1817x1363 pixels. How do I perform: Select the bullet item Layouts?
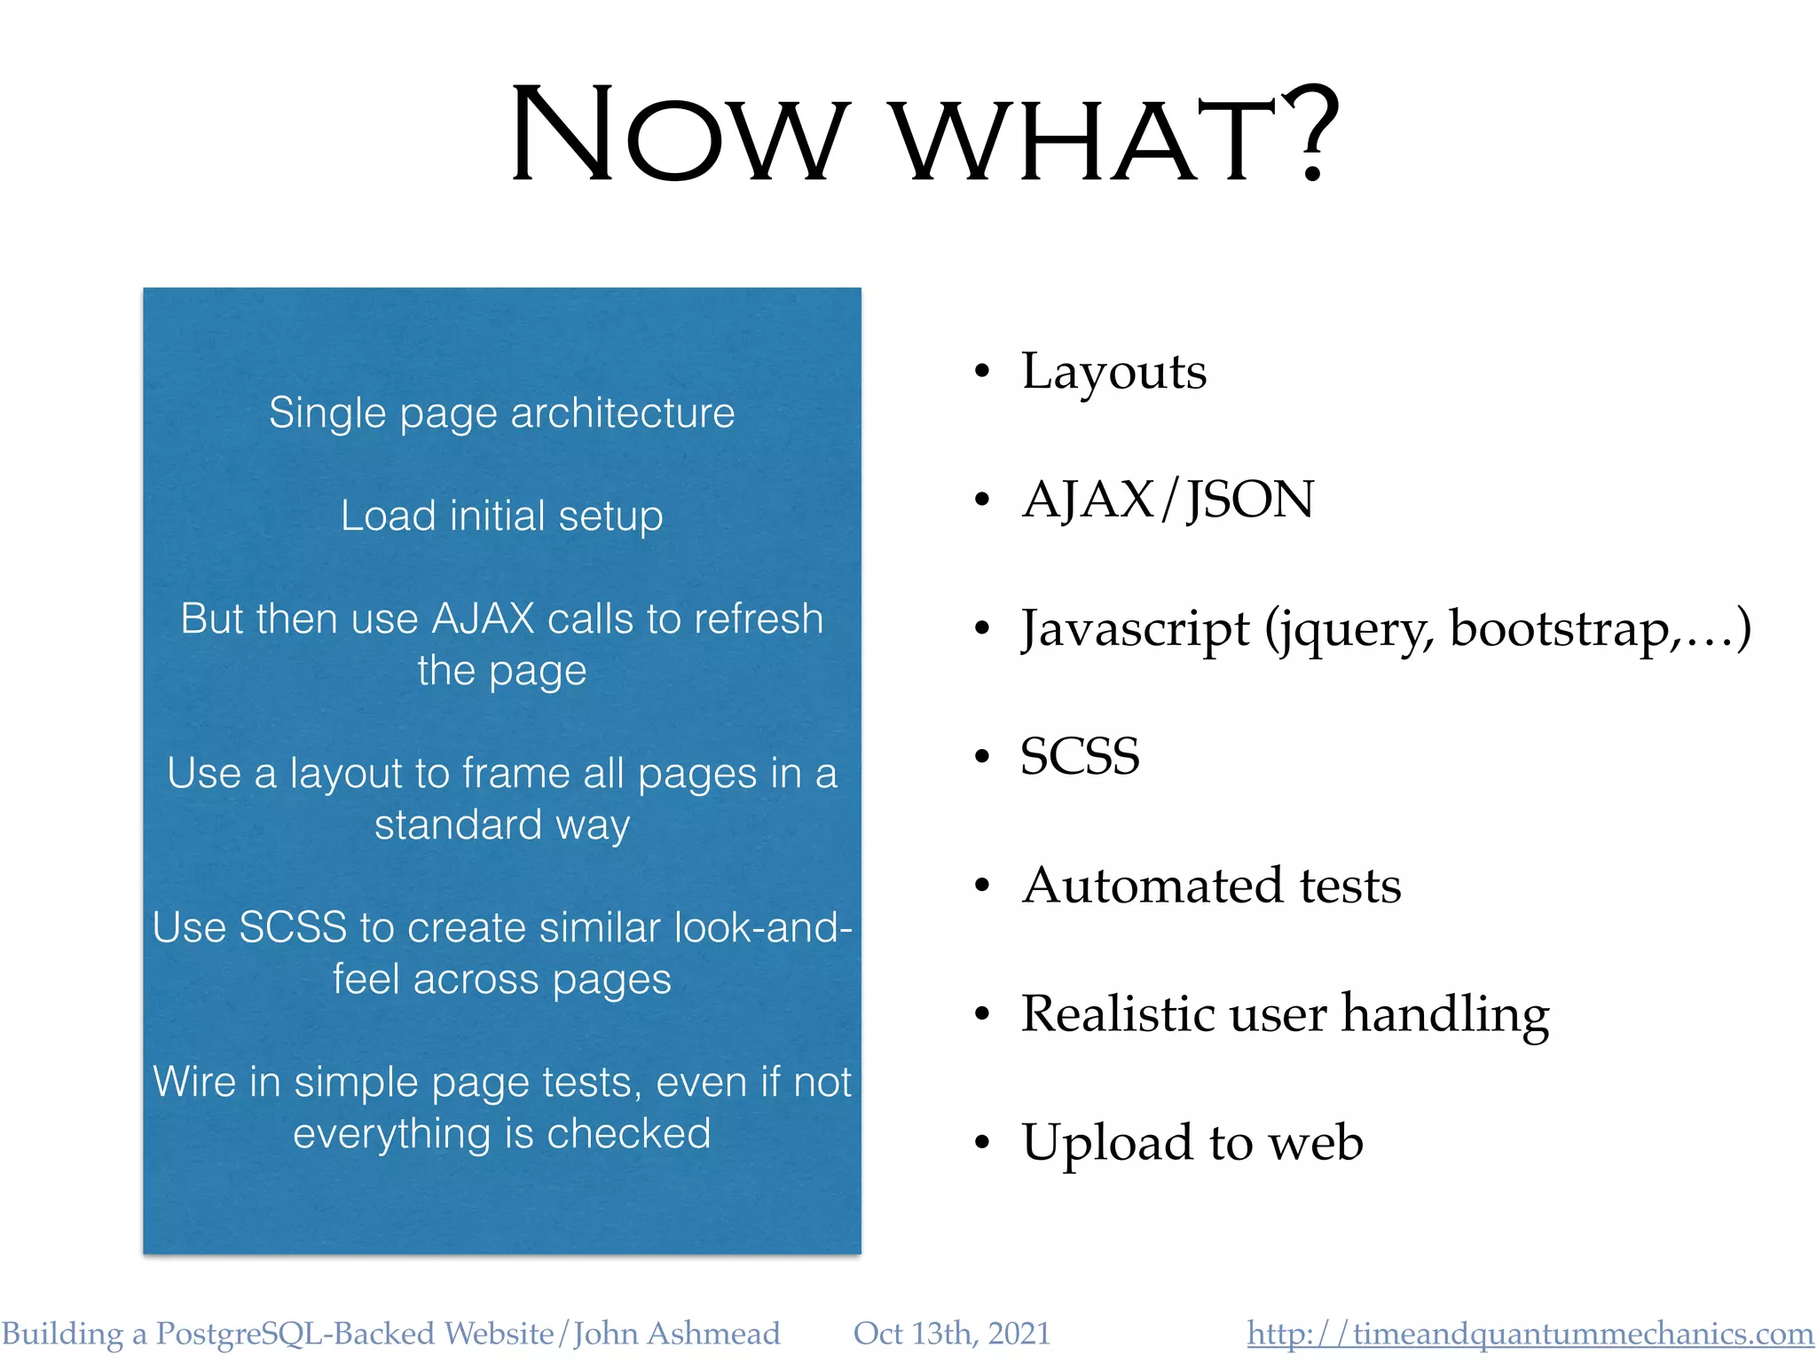(1113, 372)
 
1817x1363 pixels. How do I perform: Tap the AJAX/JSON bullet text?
(1168, 500)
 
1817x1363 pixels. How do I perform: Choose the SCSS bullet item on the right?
(1080, 757)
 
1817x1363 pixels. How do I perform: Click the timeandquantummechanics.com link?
(1530, 1334)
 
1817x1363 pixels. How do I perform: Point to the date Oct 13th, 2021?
(951, 1334)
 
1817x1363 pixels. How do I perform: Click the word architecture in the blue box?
(623, 414)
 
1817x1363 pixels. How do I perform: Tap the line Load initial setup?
(502, 516)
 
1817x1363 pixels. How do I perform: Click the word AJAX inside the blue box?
(483, 619)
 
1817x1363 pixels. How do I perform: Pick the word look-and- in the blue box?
(763, 928)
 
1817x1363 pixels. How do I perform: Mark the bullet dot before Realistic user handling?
(981, 1013)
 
